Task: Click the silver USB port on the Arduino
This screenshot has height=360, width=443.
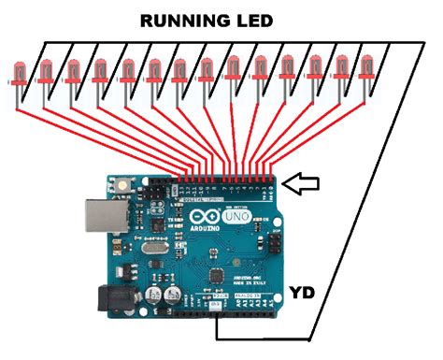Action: [97, 218]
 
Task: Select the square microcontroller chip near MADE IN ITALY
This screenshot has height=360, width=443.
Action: [218, 277]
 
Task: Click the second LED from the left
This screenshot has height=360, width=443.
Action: [44, 72]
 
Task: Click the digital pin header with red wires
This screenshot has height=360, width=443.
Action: [229, 179]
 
